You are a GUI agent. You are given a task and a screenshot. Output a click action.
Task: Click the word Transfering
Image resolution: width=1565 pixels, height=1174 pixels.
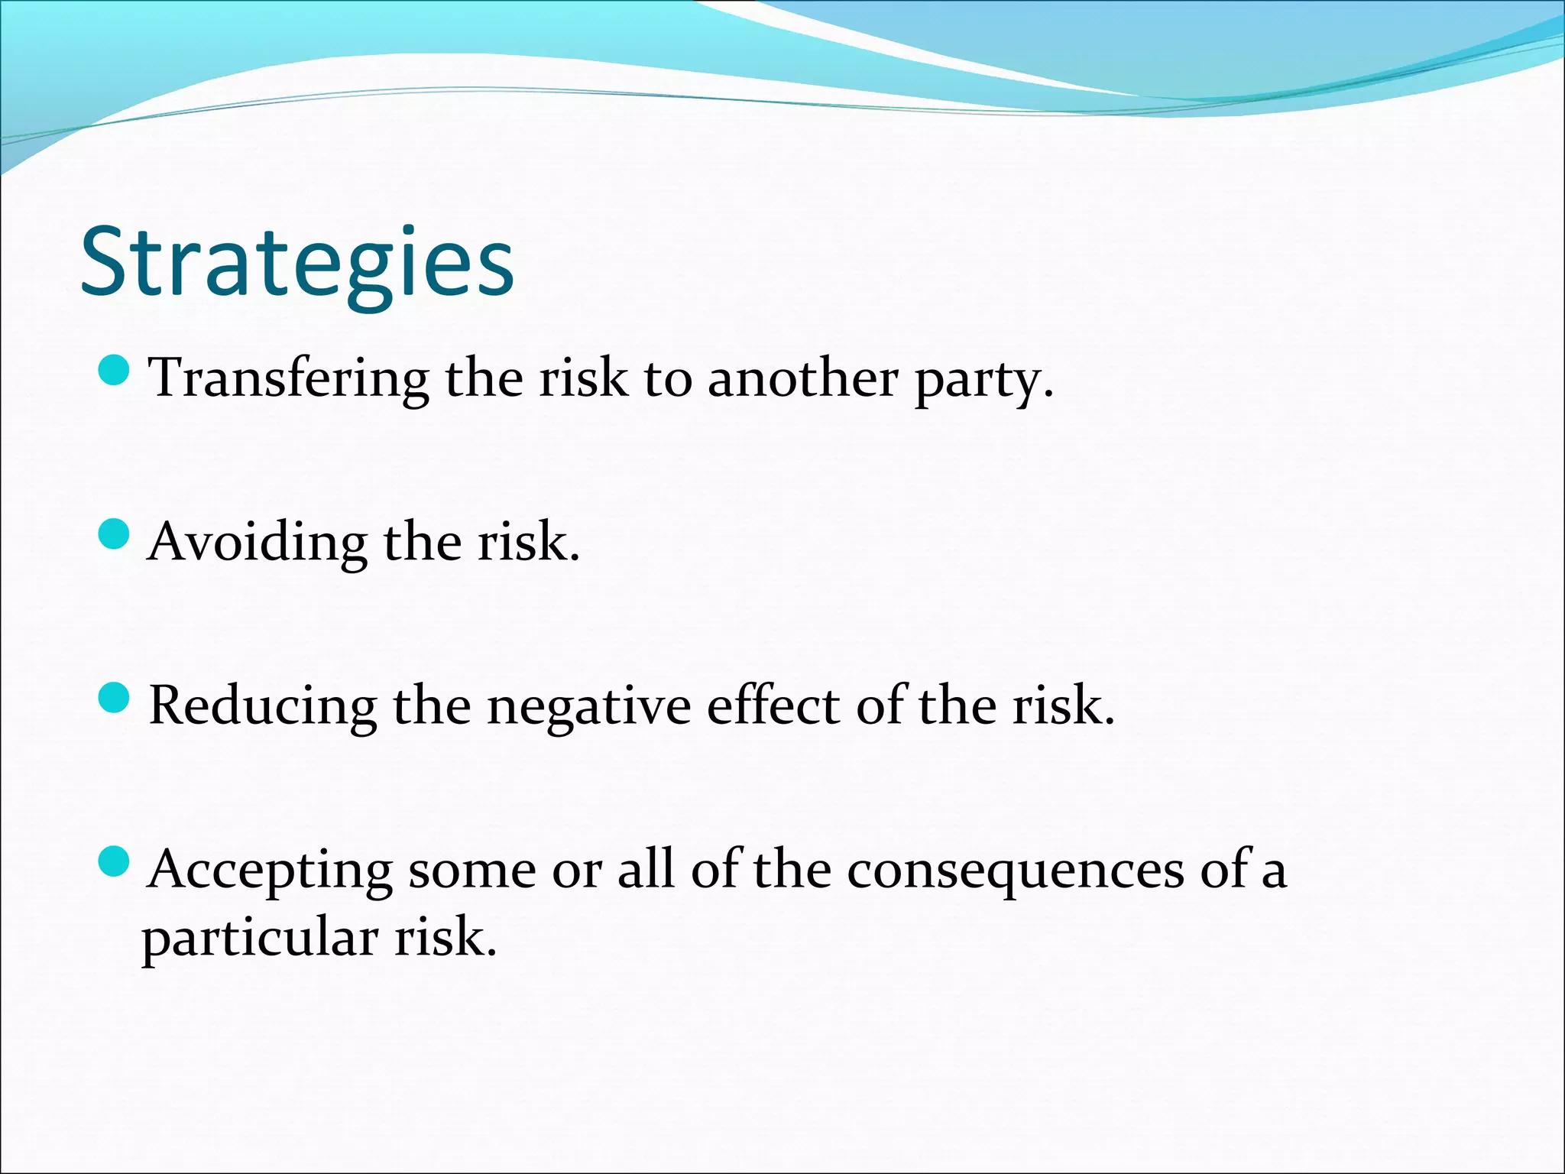[289, 378]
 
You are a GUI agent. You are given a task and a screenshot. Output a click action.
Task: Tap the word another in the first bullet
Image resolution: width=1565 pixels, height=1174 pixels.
[802, 378]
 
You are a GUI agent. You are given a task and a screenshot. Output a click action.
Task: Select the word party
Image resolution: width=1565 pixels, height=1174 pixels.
[984, 380]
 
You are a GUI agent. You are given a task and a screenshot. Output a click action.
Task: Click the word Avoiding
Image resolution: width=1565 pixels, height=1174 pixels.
[258, 543]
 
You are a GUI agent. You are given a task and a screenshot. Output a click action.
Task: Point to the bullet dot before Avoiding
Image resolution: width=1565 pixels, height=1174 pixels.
[115, 533]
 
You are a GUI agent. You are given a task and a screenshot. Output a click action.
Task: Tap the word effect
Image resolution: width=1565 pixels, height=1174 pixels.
[773, 705]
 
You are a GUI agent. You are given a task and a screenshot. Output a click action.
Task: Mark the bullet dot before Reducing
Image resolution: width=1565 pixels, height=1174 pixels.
[115, 698]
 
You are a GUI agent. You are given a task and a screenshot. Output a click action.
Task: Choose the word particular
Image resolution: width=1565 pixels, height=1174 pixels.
[260, 939]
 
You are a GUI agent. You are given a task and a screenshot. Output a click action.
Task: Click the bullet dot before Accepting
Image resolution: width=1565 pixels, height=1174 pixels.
[115, 861]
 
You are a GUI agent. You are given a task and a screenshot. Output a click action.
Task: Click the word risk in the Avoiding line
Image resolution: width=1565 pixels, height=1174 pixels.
[528, 543]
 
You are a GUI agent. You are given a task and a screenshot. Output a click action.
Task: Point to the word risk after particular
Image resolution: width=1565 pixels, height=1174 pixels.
[445, 939]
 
